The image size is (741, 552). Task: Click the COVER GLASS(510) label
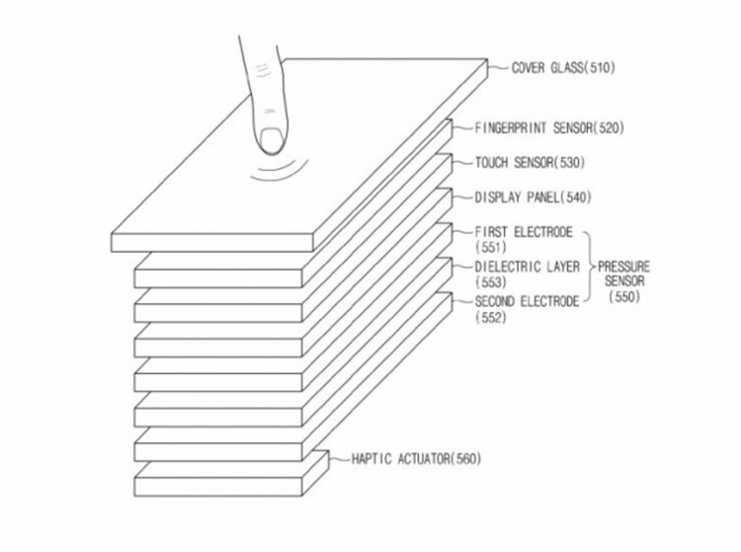563,68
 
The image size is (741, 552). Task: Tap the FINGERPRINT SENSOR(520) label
549,128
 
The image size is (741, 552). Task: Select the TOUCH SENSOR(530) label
530,163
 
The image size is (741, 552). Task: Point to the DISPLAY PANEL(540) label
534,197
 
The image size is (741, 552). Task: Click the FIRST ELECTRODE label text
524,232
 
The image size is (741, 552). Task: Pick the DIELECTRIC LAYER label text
527,267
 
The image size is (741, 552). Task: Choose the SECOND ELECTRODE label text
527,301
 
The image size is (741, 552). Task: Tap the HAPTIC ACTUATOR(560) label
416,458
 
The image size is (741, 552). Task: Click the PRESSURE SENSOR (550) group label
623,281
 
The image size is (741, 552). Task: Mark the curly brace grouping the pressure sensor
589,267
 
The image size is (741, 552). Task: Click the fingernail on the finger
272,140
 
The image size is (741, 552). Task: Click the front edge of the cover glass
212,242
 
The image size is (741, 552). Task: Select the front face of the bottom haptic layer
218,487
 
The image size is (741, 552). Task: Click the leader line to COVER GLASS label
499,68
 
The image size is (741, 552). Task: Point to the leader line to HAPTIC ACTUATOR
339,458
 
